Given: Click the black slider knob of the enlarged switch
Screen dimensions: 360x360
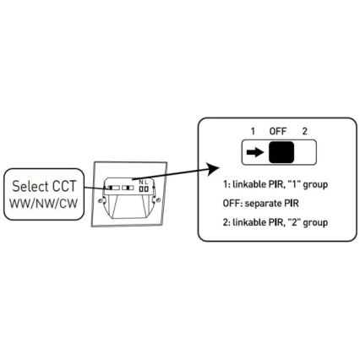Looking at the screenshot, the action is (x=281, y=152).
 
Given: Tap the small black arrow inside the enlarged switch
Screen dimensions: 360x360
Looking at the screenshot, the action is (x=255, y=152).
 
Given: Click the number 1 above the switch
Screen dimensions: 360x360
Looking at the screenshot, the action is (x=253, y=131).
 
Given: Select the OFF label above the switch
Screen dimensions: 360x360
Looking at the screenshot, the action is (x=278, y=131).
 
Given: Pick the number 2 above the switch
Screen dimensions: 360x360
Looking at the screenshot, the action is (x=304, y=131).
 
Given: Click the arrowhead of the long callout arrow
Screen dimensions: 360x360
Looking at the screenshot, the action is (x=213, y=169).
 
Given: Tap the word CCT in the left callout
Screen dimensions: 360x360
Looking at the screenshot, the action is (x=64, y=186).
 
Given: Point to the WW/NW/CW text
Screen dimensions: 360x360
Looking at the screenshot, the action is (x=44, y=204).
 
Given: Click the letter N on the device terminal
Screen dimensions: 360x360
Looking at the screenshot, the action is (x=141, y=183).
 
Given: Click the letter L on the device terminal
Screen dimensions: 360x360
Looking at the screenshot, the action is (x=146, y=183).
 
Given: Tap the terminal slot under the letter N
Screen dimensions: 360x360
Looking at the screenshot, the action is (x=141, y=189).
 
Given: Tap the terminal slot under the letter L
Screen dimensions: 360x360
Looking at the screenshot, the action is (x=146, y=189).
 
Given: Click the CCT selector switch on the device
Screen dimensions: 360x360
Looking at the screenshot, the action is (x=114, y=188).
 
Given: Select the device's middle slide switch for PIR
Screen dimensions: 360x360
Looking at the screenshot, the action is (x=128, y=188).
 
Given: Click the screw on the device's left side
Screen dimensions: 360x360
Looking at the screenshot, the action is (x=100, y=200).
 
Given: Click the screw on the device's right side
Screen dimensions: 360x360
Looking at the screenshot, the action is (x=158, y=200).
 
